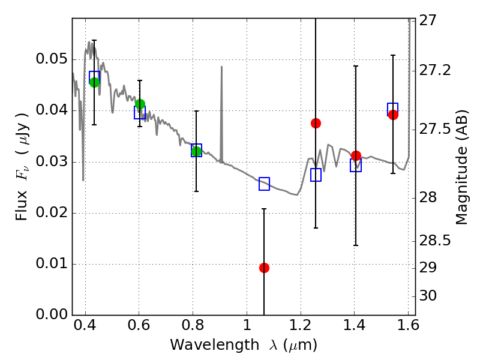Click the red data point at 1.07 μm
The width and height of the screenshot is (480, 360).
point(264,268)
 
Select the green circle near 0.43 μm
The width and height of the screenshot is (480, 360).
point(94,82)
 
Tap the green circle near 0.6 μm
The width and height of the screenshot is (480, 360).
point(140,104)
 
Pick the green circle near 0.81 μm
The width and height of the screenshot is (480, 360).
point(196,151)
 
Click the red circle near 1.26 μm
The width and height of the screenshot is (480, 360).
point(316,123)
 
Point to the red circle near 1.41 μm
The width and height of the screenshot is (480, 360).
point(356,156)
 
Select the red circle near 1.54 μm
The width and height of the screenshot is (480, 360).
point(393,115)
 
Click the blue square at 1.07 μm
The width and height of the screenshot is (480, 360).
point(264,184)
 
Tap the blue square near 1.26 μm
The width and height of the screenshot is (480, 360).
point(316,175)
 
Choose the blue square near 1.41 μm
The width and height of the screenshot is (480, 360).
point(356,166)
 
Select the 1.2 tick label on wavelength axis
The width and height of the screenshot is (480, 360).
point(300,328)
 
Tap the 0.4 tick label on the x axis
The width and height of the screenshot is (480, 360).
point(86,328)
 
